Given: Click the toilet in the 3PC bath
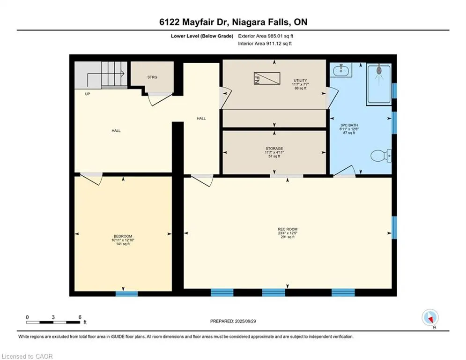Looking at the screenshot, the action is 381,155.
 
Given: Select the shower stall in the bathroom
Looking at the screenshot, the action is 379,84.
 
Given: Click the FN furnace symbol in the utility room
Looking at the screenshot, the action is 267,78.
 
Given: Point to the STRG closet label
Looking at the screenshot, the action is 152,77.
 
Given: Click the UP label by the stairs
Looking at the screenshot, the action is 88,94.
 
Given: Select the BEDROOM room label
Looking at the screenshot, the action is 123,236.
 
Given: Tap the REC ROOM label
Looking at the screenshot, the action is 288,229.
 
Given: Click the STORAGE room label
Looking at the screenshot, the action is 274,149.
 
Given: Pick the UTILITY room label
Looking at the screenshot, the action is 301,80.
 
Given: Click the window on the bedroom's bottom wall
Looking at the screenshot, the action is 126,293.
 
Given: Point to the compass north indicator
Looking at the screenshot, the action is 430,318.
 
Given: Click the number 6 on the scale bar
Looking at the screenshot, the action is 80,317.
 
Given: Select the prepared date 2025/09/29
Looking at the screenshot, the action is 245,321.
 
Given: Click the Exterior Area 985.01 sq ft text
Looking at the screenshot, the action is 266,36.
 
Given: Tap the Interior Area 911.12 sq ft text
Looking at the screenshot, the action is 265,44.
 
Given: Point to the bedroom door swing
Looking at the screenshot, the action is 92,179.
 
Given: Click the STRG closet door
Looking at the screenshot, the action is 160,99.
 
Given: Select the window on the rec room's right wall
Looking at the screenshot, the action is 394,228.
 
